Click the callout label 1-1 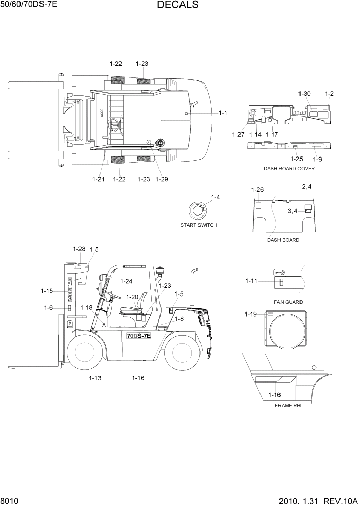click(x=223, y=113)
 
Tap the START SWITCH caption click(x=198, y=225)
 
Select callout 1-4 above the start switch click(x=216, y=197)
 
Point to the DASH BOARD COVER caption click(x=289, y=169)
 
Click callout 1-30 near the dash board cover click(x=304, y=94)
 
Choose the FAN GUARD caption click(x=288, y=302)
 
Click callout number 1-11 click(x=251, y=281)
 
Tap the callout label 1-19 click(x=251, y=315)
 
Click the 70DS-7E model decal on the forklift click(x=138, y=336)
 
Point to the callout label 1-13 click(x=95, y=378)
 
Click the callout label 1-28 click(x=79, y=249)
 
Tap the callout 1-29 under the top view click(x=162, y=179)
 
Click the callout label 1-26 click(x=257, y=190)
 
